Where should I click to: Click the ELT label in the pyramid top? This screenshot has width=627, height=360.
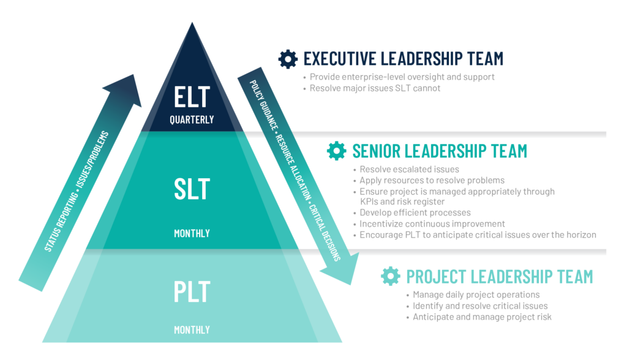(192, 97)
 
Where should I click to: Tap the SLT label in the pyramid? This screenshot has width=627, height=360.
(192, 189)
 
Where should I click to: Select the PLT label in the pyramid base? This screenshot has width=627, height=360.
(192, 291)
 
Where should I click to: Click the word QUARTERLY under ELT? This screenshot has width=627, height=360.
(192, 119)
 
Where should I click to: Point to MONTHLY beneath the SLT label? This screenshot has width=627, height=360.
(192, 233)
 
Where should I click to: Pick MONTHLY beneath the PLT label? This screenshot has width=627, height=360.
(192, 330)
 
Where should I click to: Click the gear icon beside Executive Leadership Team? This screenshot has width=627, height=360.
(288, 59)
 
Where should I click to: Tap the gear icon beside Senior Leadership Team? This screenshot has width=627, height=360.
(337, 151)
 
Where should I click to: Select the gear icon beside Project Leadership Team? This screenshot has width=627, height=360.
(391, 276)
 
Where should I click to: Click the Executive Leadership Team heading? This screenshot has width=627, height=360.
(404, 59)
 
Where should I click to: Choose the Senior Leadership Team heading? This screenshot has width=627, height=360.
(440, 151)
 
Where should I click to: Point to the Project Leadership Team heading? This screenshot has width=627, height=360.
(500, 277)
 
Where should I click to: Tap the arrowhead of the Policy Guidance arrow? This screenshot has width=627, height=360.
(341, 269)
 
